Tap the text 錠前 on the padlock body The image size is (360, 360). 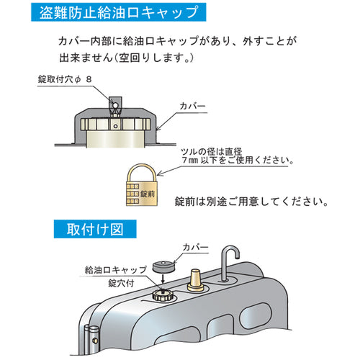[148, 193]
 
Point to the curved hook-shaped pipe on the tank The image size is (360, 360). [230, 259]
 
